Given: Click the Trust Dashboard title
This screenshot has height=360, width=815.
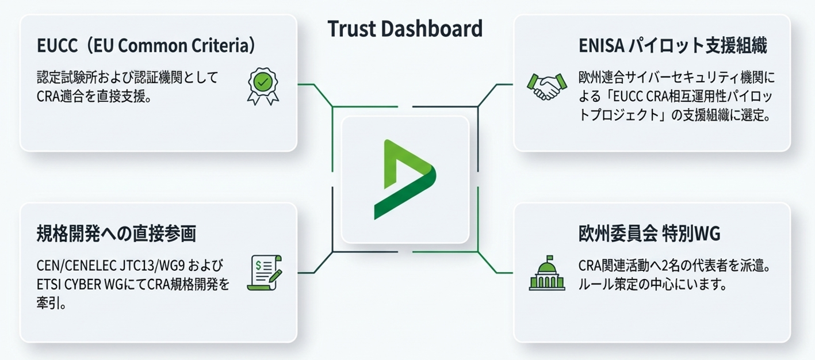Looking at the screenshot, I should click(x=404, y=29).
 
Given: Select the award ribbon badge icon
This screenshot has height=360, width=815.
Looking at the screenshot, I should click(x=262, y=86).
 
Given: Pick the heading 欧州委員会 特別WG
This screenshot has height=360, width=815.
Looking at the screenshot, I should click(x=649, y=234).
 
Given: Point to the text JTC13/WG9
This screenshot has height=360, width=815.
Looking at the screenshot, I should click(x=148, y=266).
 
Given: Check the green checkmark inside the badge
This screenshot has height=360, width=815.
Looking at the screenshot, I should click(x=262, y=82).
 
